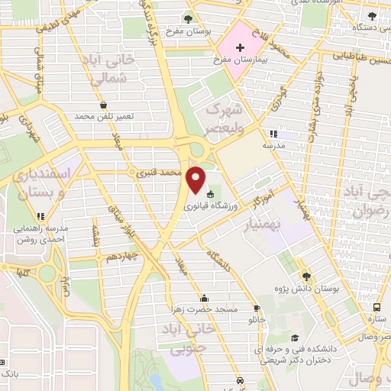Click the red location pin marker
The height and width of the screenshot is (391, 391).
click(197, 179)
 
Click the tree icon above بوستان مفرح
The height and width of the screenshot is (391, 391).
click(189, 18)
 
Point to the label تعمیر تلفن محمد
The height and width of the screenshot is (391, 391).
click(104, 117)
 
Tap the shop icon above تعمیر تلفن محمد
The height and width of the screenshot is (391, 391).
click(103, 105)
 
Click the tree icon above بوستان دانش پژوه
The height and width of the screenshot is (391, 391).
click(306, 276)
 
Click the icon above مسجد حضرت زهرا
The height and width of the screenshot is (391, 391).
click(204, 298)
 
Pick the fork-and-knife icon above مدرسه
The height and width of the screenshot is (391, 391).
click(273, 133)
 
